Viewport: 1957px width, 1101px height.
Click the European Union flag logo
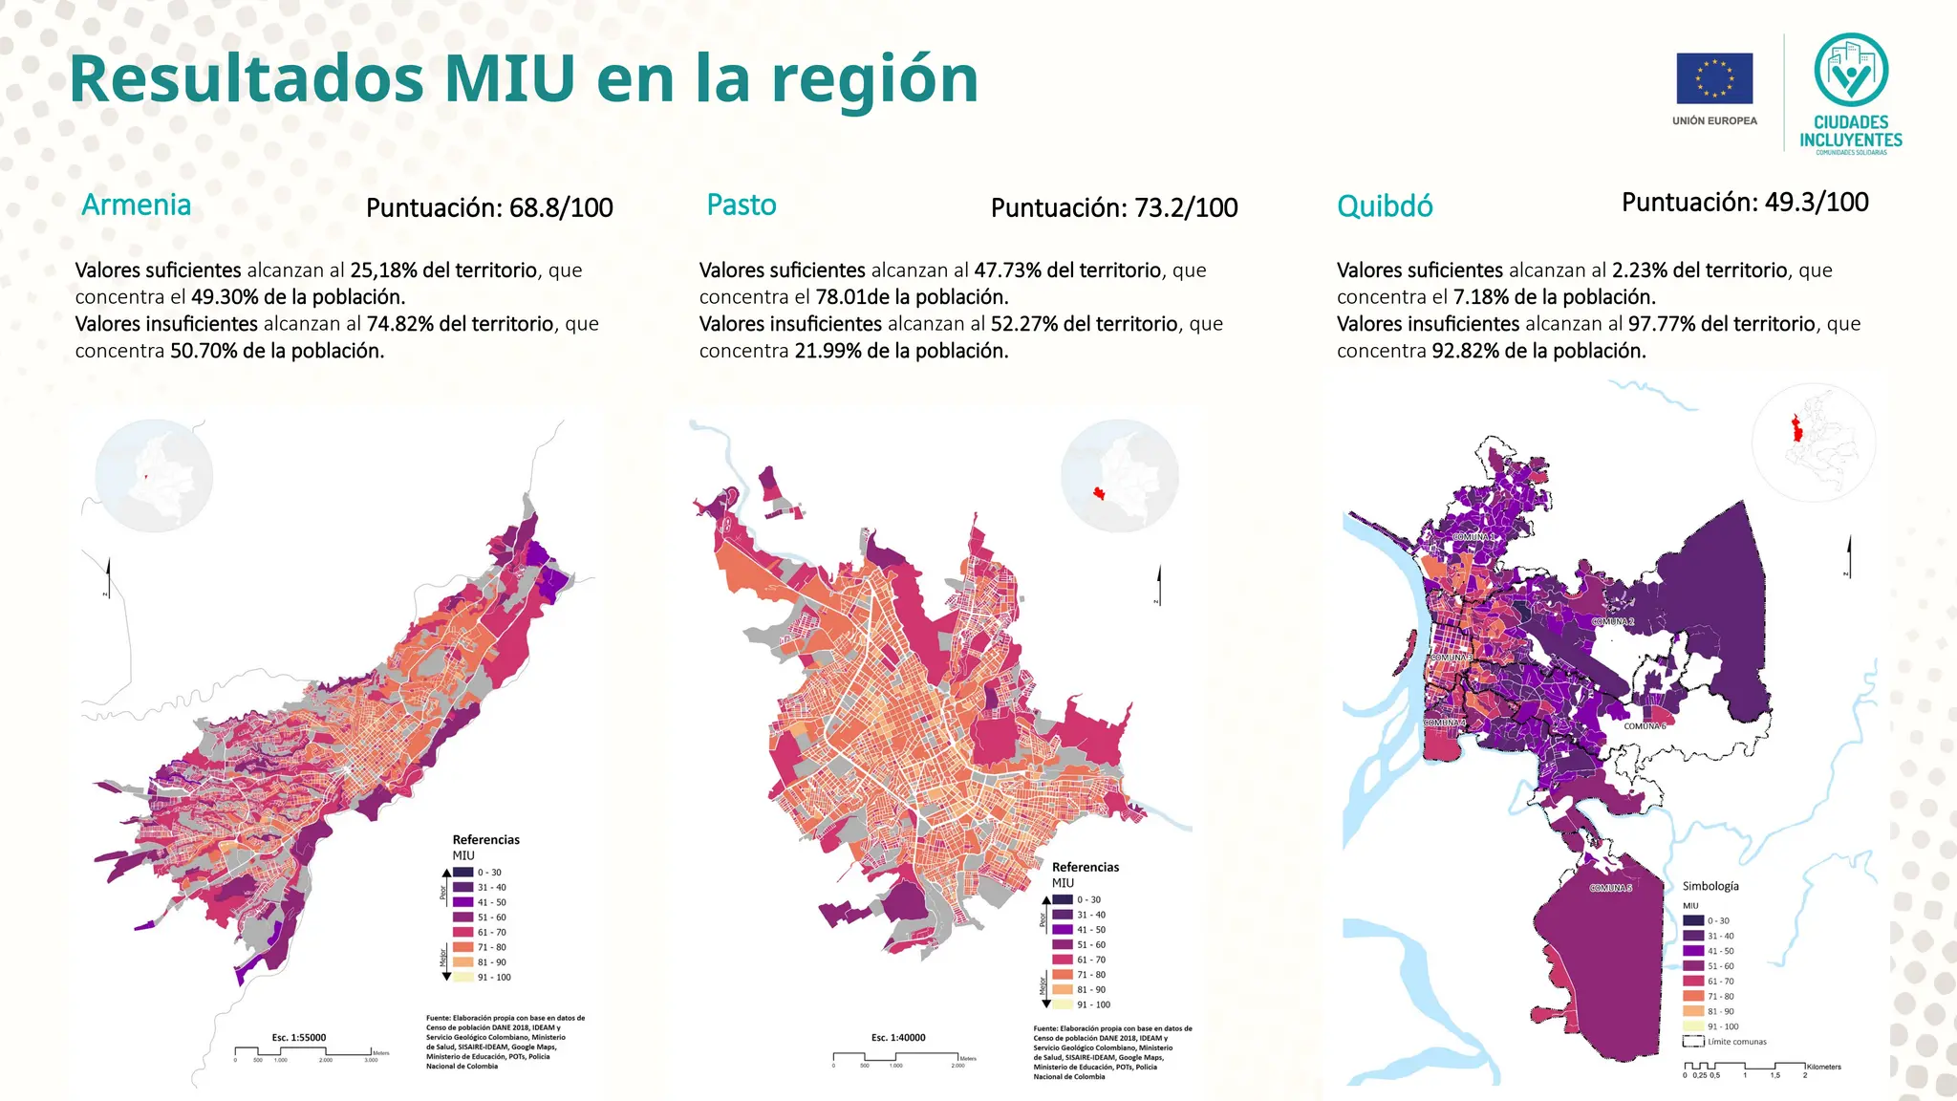click(1714, 78)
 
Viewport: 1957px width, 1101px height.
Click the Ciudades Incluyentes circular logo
click(1851, 70)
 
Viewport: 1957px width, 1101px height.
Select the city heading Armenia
click(136, 205)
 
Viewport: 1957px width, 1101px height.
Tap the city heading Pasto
click(741, 205)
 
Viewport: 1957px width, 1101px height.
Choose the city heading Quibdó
click(1385, 206)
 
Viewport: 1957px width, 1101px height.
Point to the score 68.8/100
click(561, 207)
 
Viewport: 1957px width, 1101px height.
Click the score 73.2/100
click(1186, 207)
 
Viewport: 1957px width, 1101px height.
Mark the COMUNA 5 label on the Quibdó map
click(1610, 888)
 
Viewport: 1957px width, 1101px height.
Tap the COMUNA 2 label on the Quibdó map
click(1612, 622)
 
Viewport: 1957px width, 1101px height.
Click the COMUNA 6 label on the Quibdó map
click(1644, 726)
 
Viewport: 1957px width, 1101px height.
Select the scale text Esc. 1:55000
click(298, 1037)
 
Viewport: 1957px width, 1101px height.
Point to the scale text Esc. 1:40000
click(897, 1037)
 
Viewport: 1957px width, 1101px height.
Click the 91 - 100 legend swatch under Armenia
click(462, 977)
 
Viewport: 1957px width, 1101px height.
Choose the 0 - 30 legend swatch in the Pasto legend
click(1063, 899)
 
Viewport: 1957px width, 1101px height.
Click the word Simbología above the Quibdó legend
click(1710, 886)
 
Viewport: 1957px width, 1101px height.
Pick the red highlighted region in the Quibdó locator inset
click(1796, 428)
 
